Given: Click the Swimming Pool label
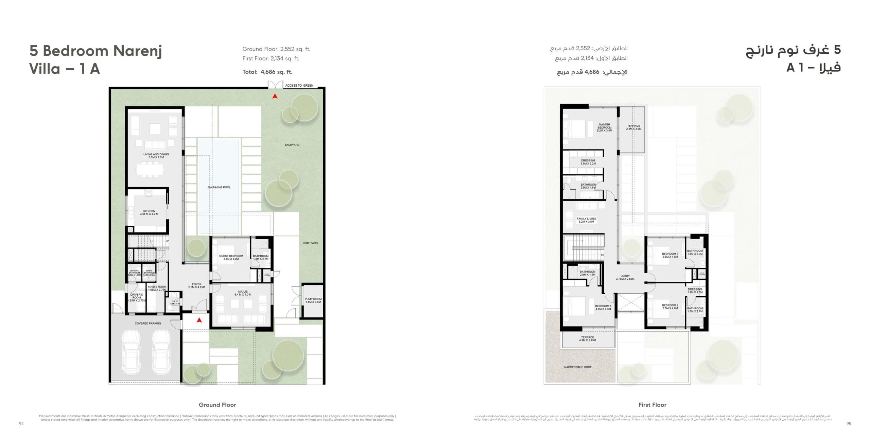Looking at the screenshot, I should coord(219,187).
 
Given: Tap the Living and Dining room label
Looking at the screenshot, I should coord(156,156).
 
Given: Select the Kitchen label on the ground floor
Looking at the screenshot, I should coord(149,212).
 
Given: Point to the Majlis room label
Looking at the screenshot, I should coord(243,293).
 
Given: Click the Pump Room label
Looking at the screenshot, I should coord(313,300).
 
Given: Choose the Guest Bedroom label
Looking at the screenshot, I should coord(231,257).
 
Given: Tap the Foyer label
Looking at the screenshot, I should coord(196,285).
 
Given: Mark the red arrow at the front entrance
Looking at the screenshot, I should coord(199,320).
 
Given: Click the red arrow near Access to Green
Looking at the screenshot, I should coord(275,97).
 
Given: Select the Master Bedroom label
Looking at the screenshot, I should coord(605,127).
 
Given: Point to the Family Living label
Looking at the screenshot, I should coord(586,220).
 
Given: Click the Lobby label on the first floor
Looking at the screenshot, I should coord(625,277).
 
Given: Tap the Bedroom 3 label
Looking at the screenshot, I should coord(670,255).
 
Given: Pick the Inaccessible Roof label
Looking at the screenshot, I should coord(577,367).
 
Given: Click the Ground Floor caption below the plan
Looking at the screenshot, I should coord(217,405).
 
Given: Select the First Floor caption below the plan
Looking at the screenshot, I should coord(652,405).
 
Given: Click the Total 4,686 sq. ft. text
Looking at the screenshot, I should coord(267,72).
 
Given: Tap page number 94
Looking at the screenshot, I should coord(21,423).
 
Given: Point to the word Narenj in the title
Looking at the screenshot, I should coord(137,51).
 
